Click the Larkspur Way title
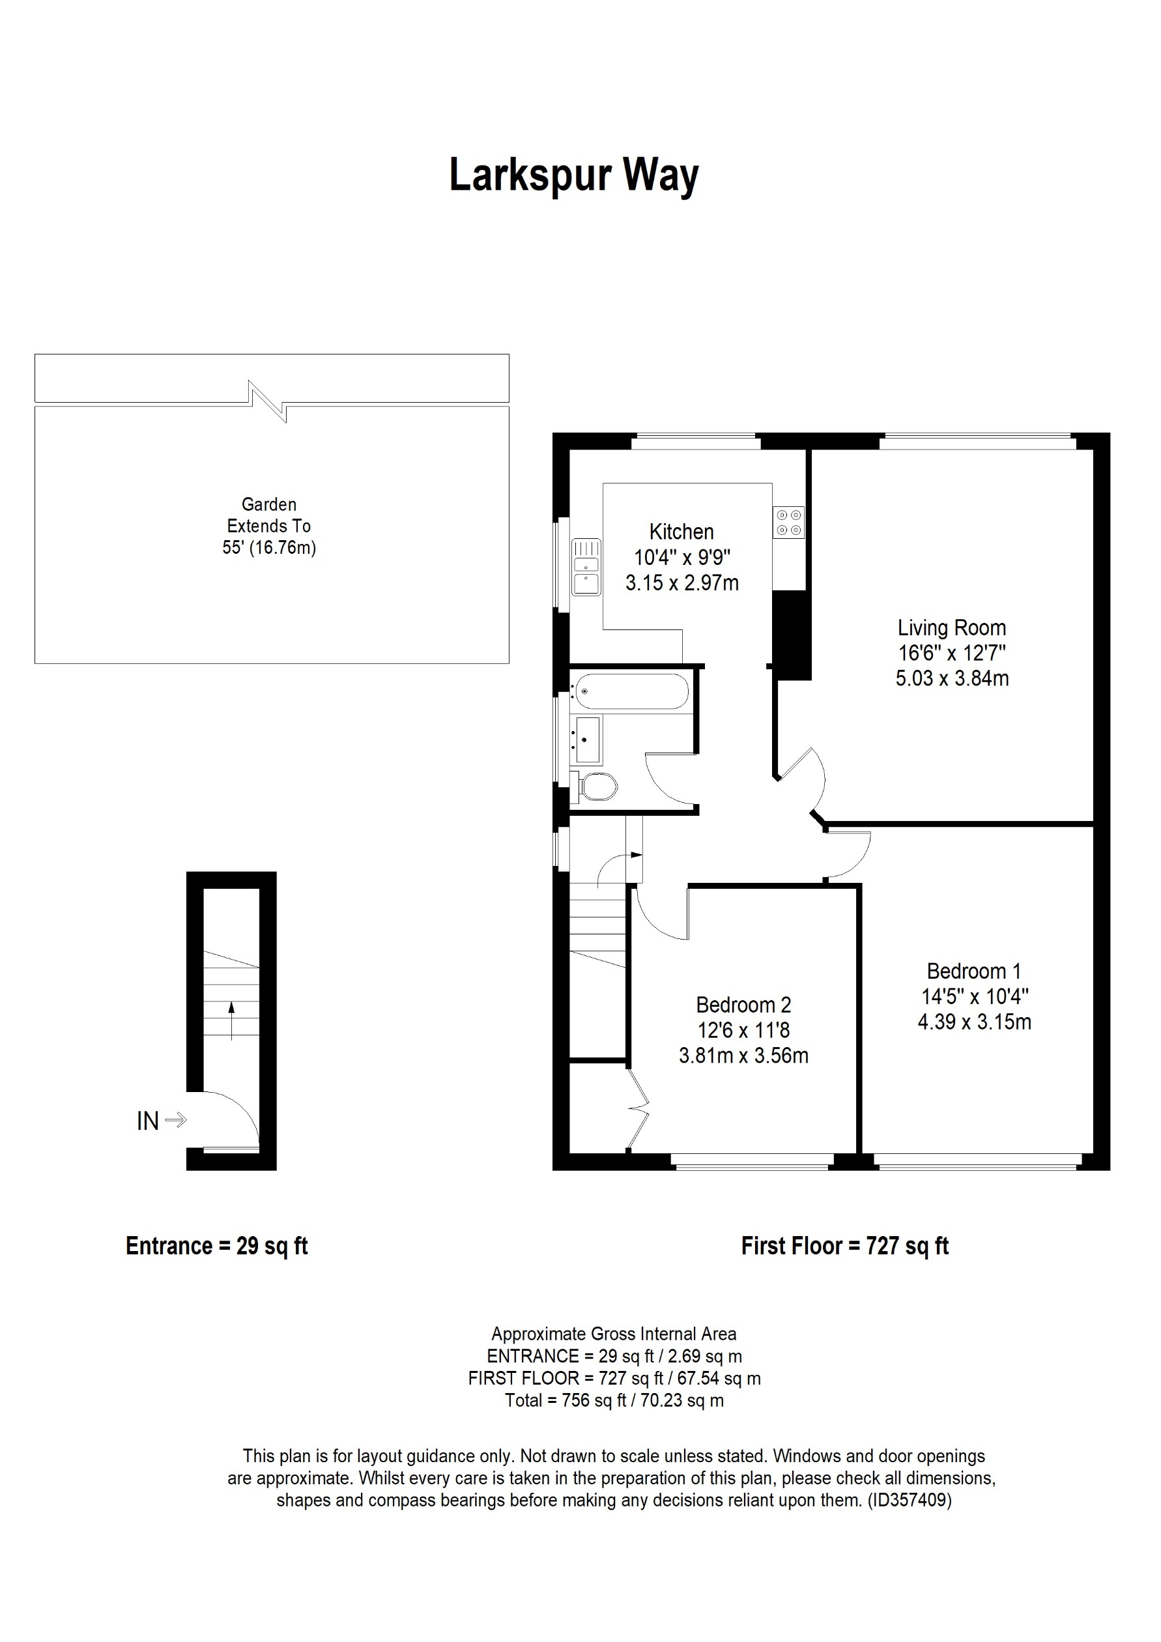[x=573, y=175]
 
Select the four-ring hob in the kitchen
[x=788, y=522]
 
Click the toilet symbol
[x=596, y=787]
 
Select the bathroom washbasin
[x=587, y=740]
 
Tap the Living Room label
[x=951, y=628]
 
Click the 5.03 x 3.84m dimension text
[x=951, y=678]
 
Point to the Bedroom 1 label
[x=974, y=971]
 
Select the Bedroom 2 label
[x=743, y=1005]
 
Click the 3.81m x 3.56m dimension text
[x=743, y=1056]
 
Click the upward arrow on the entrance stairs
[x=231, y=1019]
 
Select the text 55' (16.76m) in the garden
[x=269, y=548]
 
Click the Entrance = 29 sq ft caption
[x=216, y=1246]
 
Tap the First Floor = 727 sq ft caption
[x=844, y=1246]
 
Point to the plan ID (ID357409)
[x=910, y=1501]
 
